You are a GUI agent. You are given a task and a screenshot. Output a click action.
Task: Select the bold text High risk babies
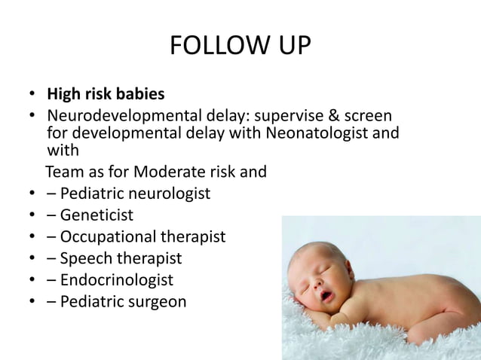pyautogui.click(x=106, y=95)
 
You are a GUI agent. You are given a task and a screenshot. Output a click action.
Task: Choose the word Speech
pyautogui.click(x=84, y=258)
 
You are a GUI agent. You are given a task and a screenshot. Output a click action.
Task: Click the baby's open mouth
pyautogui.click(x=326, y=295)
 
